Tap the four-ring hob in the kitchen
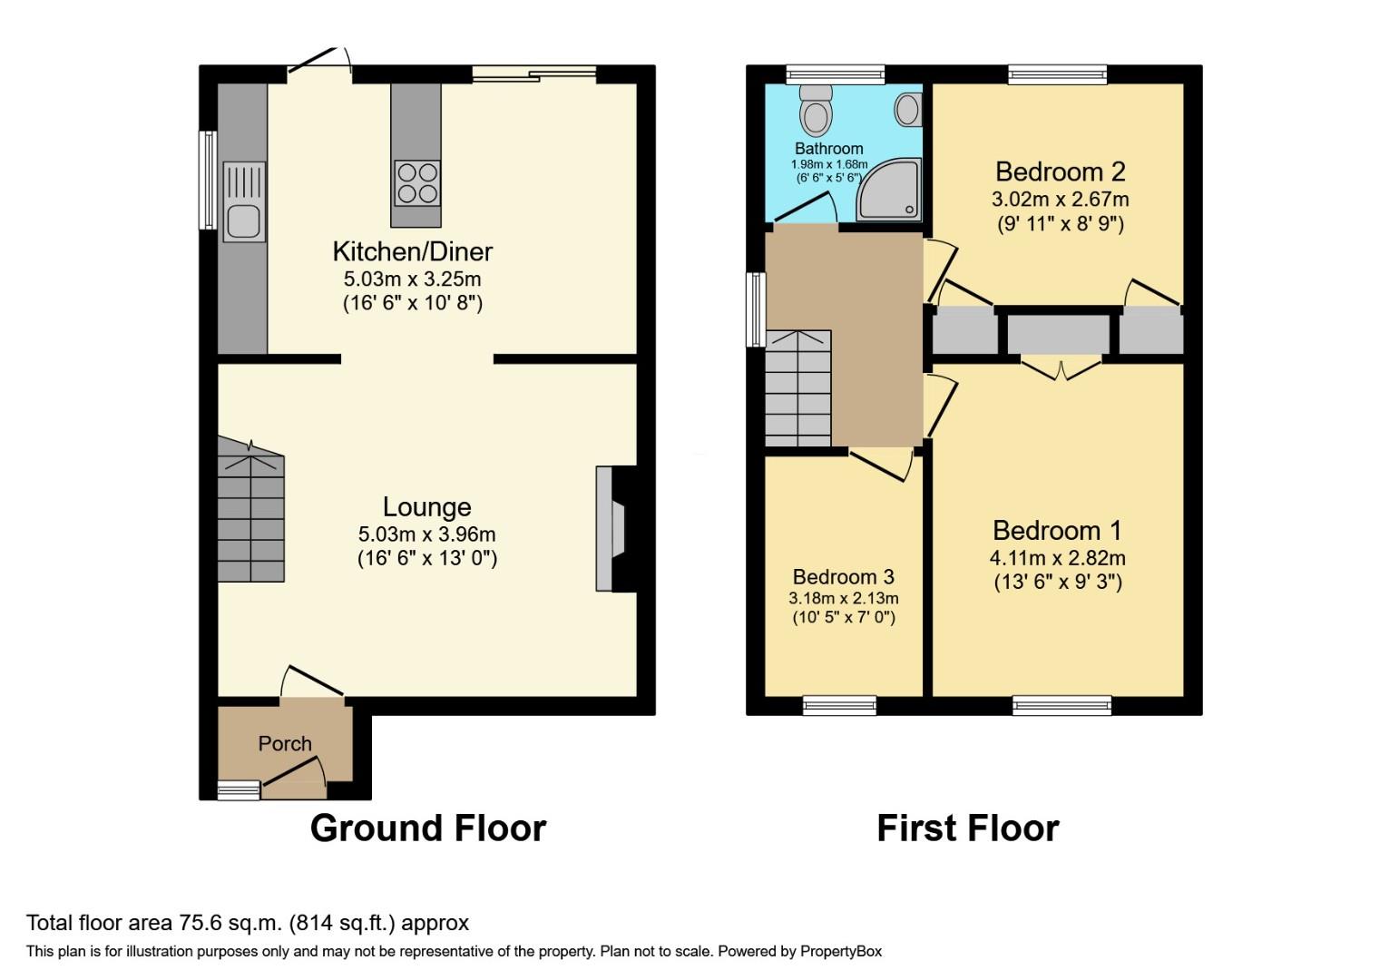click(x=417, y=182)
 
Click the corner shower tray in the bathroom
click(x=889, y=190)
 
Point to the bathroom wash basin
click(x=908, y=110)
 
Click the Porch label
click(x=285, y=744)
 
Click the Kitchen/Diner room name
click(x=413, y=251)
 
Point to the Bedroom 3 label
click(x=843, y=577)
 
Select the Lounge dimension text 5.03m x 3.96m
click(x=426, y=534)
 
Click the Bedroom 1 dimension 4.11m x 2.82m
click(x=1057, y=558)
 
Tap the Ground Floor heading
click(x=427, y=828)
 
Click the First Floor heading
click(x=967, y=828)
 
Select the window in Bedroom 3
click(x=839, y=705)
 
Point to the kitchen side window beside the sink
click(x=209, y=180)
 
